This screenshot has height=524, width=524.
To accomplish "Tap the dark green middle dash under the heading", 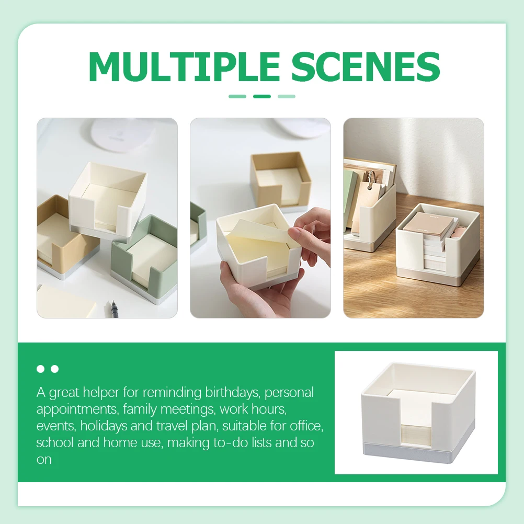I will [x=261, y=96].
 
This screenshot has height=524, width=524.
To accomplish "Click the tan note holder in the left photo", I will [x=58, y=235].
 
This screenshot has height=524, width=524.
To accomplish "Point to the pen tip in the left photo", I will [x=112, y=303].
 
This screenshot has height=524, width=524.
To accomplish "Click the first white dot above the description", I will [x=40, y=369].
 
